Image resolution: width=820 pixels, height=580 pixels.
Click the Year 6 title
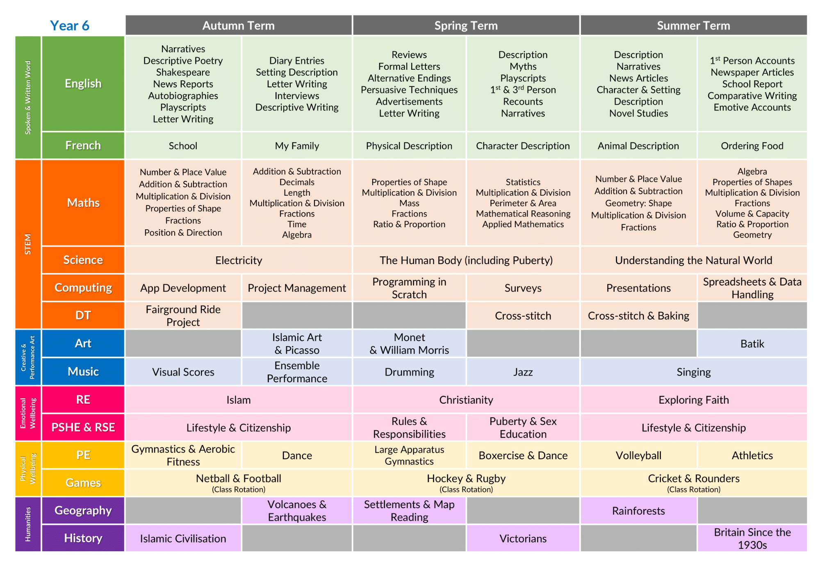(x=70, y=25)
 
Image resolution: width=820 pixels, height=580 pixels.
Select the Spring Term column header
(x=466, y=25)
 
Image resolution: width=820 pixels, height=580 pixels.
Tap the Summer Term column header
(x=694, y=25)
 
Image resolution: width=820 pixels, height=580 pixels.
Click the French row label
(x=83, y=146)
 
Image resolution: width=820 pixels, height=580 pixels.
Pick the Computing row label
(x=83, y=288)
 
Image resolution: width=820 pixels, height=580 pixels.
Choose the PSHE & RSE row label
(x=83, y=427)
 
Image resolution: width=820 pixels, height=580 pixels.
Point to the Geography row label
(x=83, y=510)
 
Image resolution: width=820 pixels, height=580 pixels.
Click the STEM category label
(x=28, y=244)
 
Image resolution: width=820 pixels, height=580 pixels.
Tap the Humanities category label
(x=28, y=524)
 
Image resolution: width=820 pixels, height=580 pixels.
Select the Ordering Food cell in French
(x=752, y=146)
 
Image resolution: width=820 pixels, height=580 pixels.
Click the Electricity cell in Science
(x=239, y=260)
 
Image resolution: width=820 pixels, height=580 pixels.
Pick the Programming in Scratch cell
(x=409, y=288)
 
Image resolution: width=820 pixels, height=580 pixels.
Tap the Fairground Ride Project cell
(x=183, y=315)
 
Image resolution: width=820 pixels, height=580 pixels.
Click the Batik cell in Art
(x=752, y=343)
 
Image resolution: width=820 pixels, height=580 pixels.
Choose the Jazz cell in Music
(x=523, y=372)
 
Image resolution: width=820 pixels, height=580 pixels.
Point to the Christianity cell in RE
(x=466, y=400)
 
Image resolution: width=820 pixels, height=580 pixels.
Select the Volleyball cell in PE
(x=638, y=455)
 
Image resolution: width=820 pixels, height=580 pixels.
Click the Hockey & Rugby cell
(x=466, y=483)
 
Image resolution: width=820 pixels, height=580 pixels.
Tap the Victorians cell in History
(x=523, y=538)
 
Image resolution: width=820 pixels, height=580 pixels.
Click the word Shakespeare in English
(x=183, y=72)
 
